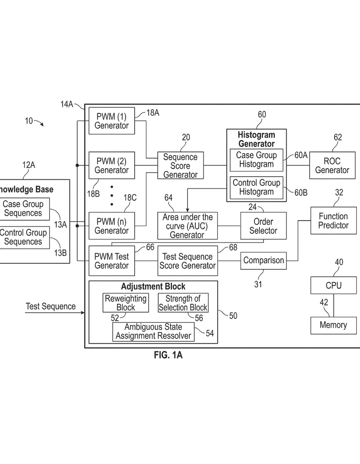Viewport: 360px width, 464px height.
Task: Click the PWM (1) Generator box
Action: tap(112, 121)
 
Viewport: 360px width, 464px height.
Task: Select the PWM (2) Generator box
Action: tap(112, 165)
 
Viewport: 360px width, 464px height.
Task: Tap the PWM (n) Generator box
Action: tap(112, 226)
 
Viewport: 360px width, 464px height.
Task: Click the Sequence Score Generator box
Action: tap(180, 165)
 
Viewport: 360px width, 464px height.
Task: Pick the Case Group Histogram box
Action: tap(256, 159)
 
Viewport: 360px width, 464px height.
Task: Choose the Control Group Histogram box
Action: tap(256, 187)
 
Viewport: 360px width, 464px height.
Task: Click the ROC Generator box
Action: tap(332, 165)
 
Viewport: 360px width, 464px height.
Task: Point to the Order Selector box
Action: tap(263, 226)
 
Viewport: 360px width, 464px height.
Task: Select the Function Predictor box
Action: tap(333, 221)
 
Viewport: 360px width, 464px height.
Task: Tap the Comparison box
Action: tap(263, 261)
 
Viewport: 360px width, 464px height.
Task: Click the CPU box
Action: tap(333, 285)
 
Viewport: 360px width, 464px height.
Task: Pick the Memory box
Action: tap(333, 325)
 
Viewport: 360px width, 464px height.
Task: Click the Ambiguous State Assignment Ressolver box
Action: tap(153, 332)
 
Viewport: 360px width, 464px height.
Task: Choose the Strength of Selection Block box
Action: tap(183, 303)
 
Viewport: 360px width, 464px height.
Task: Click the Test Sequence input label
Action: tap(50, 306)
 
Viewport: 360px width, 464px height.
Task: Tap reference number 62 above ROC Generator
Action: tap(337, 137)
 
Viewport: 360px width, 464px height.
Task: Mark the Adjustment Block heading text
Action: tap(153, 286)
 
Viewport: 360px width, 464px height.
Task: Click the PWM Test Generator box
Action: tap(112, 261)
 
